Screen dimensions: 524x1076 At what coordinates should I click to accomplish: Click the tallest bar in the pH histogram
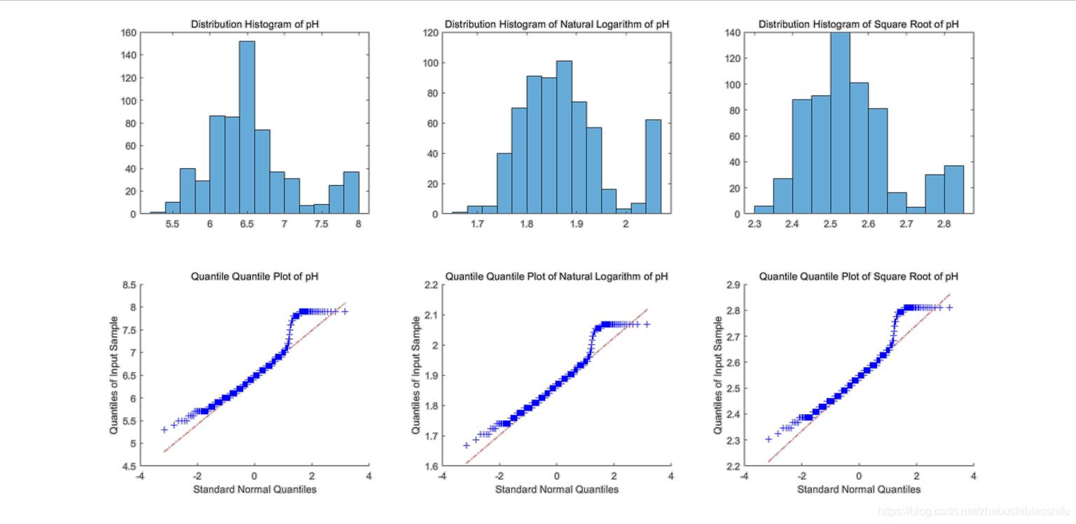coord(247,127)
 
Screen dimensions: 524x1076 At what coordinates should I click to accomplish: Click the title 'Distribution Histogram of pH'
coord(255,25)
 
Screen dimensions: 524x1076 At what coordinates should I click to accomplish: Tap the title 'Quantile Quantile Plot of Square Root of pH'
coord(858,277)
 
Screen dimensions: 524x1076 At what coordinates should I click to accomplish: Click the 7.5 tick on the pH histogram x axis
coord(321,224)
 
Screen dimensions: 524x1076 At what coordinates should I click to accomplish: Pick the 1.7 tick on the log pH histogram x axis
coord(477,224)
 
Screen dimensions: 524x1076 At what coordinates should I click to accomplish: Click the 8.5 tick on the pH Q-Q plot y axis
coord(128,285)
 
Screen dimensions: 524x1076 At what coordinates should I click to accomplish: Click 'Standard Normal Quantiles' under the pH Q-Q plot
coord(255,489)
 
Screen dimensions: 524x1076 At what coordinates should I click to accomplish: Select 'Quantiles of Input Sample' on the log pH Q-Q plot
coord(417,375)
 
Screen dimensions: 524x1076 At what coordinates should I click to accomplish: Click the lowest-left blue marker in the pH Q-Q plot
coord(164,429)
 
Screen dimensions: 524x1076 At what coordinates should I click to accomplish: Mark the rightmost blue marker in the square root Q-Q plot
coord(950,308)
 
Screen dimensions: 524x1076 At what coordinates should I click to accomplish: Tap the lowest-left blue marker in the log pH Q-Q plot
coord(467,445)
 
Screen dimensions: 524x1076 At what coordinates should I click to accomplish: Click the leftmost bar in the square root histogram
coord(764,209)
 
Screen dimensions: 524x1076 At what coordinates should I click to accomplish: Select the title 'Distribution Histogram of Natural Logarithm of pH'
coord(557,25)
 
